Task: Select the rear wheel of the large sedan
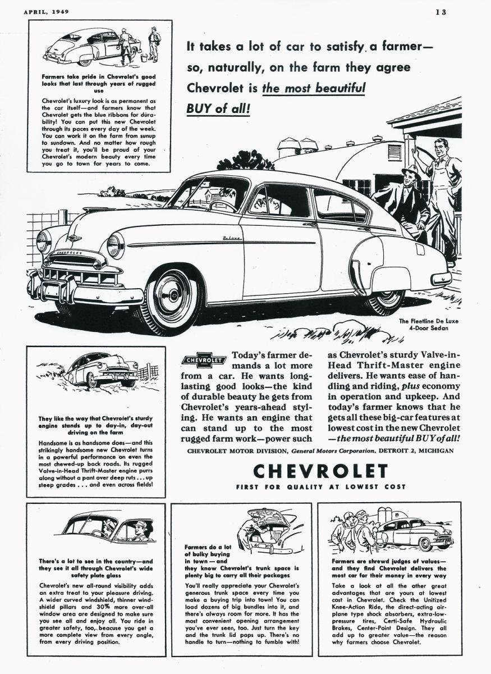tap(384, 299)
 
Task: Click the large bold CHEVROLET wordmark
tap(320, 471)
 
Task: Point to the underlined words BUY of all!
tap(218, 108)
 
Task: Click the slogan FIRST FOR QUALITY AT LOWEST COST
tap(320, 487)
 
